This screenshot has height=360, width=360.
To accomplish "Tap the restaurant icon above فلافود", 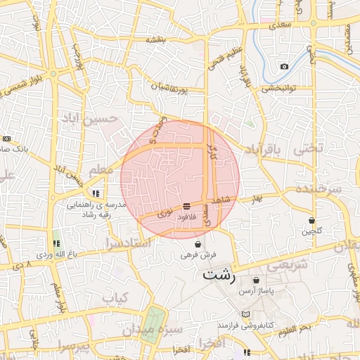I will click(186, 206).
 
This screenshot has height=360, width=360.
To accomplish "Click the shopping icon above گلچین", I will click(311, 220).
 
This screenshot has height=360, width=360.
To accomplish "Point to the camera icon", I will click(284, 67).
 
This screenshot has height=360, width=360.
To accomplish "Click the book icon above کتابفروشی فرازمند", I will click(245, 314).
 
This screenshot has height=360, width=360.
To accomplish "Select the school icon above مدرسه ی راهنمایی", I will click(96, 193).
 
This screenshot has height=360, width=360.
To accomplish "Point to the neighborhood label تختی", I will click(309, 149).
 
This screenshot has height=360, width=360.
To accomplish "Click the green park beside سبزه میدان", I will click(151, 326).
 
